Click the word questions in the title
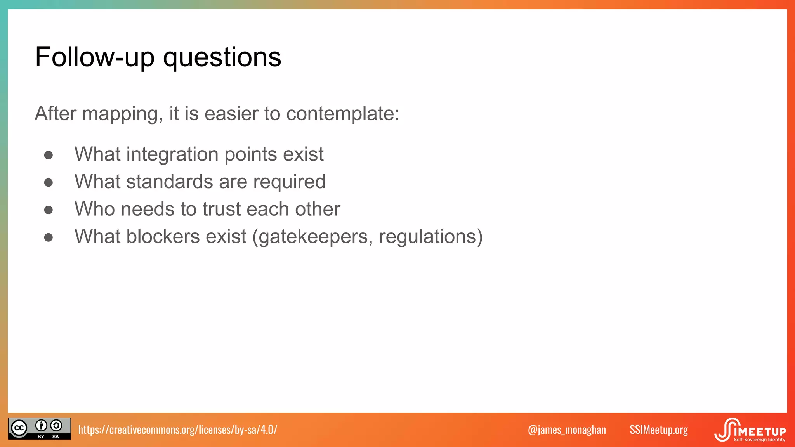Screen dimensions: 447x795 coord(222,57)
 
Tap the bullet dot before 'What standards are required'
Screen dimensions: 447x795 coord(49,183)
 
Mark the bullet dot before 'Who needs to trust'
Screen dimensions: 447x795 coord(49,210)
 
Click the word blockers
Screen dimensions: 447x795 coord(163,237)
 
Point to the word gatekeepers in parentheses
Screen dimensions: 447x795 coord(313,237)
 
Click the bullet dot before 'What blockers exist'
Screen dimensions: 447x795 coord(49,237)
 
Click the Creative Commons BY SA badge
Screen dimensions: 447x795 coord(40,428)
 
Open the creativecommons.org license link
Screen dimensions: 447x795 coord(177,430)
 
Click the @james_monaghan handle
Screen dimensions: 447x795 coord(567,430)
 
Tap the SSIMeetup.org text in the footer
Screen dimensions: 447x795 coord(658,430)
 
